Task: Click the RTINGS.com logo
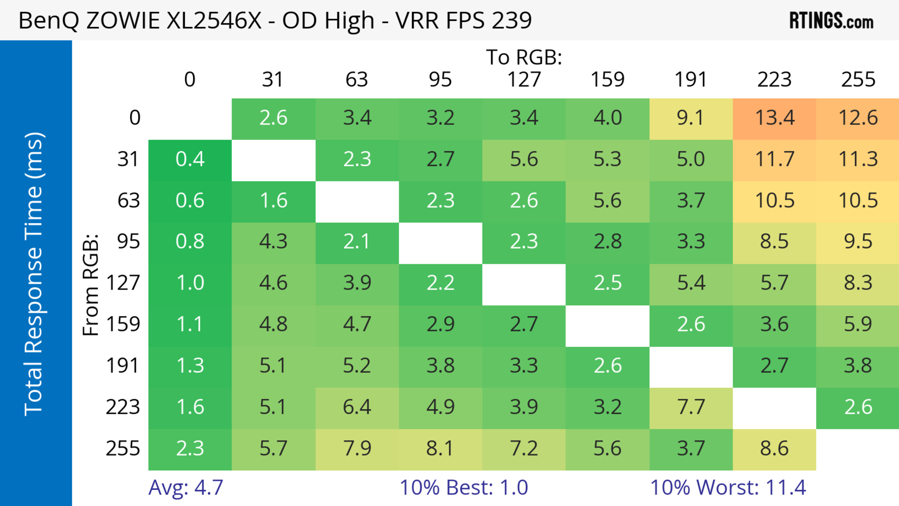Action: [x=831, y=21]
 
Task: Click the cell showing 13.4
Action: [x=774, y=118]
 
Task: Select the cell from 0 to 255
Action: [x=858, y=118]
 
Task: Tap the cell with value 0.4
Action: [x=190, y=159]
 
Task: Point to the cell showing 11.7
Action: [x=774, y=159]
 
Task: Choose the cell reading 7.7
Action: [x=691, y=407]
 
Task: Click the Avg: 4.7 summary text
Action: [x=186, y=488]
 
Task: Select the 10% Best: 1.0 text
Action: [x=464, y=488]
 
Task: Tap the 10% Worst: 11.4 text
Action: [x=728, y=488]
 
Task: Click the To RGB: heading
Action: [x=524, y=57]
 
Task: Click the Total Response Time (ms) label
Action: [x=34, y=274]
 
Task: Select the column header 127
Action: [x=524, y=80]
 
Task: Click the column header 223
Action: [x=774, y=80]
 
